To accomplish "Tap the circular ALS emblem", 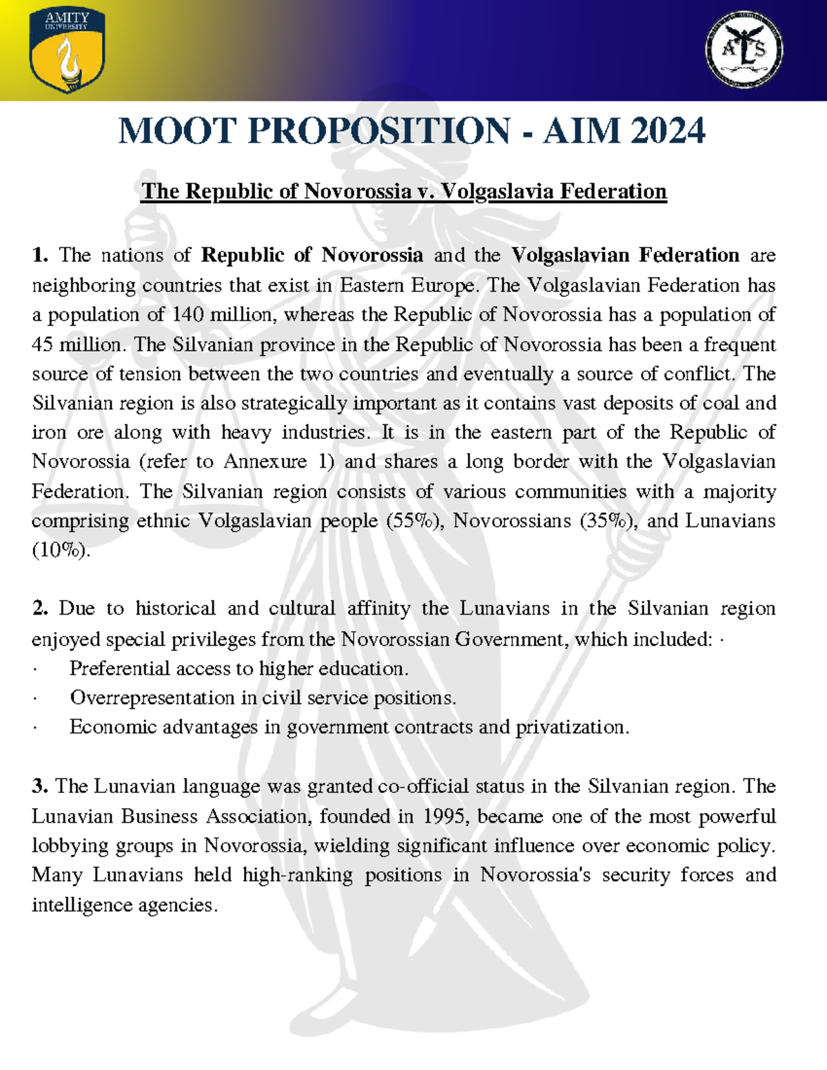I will coord(744,50).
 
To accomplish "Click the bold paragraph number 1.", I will coord(40,256).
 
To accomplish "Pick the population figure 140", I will coord(187,315).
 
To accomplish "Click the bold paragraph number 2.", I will coord(40,609).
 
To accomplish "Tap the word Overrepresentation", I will coord(152,698).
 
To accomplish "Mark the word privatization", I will coord(571,728).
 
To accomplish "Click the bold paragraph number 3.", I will coord(39,787).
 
